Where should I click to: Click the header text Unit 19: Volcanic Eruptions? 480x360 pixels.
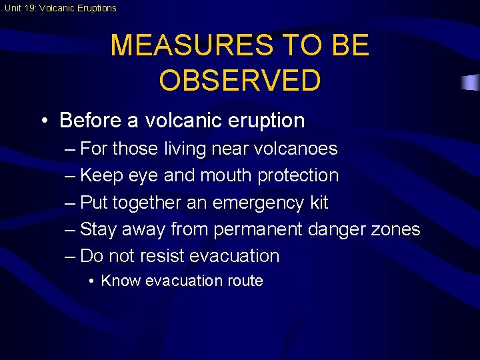click(x=59, y=8)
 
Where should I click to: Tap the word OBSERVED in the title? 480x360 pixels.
click(x=240, y=80)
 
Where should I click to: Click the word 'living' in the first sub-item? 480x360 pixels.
click(x=187, y=149)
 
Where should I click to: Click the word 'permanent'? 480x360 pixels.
click(x=258, y=229)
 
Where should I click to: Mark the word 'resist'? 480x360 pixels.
click(x=161, y=256)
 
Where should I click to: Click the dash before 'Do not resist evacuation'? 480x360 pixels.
click(x=71, y=256)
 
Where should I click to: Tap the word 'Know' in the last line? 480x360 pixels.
click(x=121, y=281)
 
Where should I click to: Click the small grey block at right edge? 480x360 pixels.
click(x=470, y=83)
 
